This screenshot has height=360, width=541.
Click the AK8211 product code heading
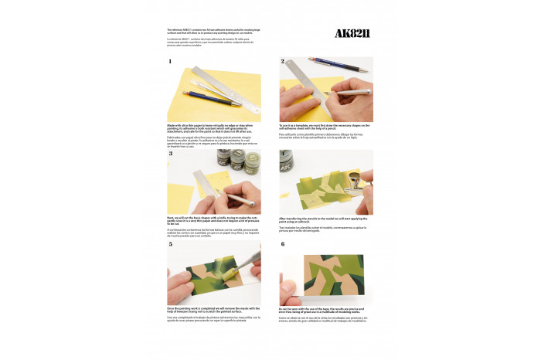[x=353, y=33]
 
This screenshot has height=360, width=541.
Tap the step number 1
[x=169, y=61]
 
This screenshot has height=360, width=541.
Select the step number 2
[x=283, y=61]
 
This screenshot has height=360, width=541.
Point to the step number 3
[x=169, y=154]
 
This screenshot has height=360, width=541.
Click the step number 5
[x=169, y=243]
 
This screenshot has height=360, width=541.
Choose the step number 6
[x=283, y=243]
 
